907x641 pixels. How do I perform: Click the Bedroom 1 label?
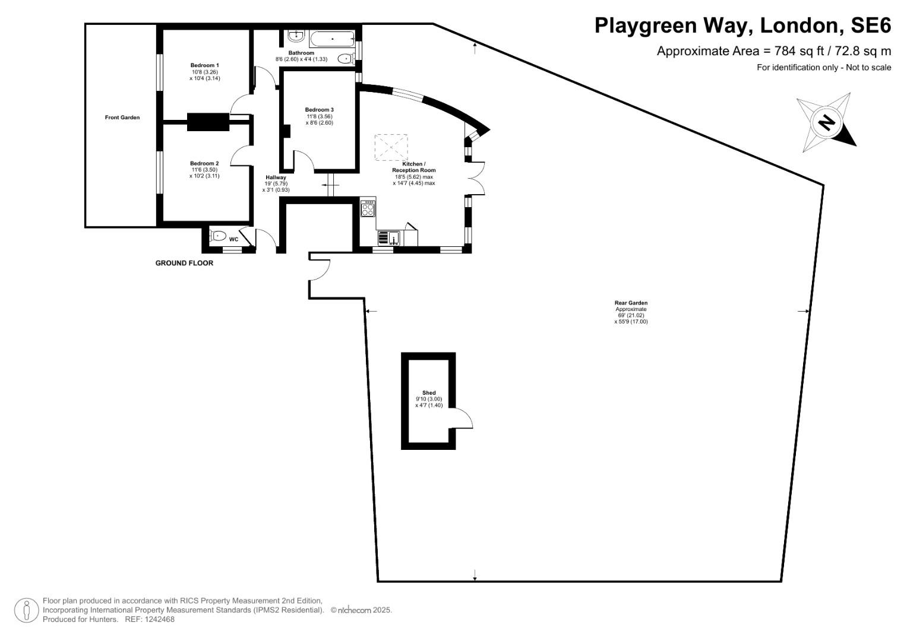[x=205, y=65]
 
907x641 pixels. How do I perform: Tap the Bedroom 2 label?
[x=204, y=163]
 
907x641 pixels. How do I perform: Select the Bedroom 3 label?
[x=320, y=110]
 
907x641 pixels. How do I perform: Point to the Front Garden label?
[x=122, y=118]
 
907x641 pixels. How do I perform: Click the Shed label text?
[x=429, y=393]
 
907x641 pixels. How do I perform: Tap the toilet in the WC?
[x=217, y=236]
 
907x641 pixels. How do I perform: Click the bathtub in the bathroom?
[x=333, y=40]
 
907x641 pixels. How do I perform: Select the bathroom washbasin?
[x=295, y=36]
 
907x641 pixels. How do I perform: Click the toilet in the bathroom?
[x=345, y=58]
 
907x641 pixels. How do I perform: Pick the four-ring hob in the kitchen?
[x=368, y=210]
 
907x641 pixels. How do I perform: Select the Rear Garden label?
[x=631, y=303]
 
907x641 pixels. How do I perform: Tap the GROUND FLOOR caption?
[x=184, y=263]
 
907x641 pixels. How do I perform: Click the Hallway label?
[x=276, y=177]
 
